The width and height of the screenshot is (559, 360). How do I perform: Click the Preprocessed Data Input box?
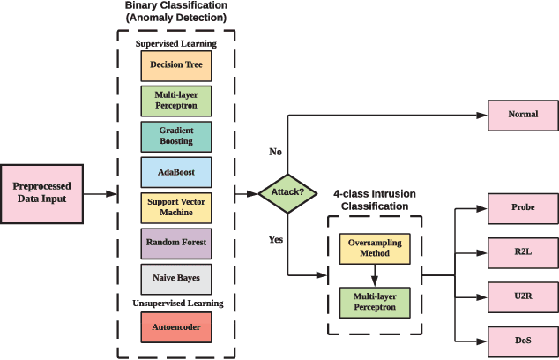point(41,192)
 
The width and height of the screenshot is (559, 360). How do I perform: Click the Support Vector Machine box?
point(175,207)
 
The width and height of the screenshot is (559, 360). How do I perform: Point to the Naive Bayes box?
point(175,278)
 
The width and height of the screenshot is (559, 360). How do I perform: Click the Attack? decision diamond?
point(287,191)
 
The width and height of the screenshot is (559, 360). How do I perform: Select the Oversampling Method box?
point(376,248)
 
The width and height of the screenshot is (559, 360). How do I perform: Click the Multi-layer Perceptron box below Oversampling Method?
point(376,303)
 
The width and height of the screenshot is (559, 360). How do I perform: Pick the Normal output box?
point(523,115)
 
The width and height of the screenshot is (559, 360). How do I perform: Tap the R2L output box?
point(523,251)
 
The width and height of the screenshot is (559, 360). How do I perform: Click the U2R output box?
point(523,295)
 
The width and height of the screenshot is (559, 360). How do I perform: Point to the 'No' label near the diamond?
point(275,152)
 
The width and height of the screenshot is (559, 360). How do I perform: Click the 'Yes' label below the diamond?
point(275,238)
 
